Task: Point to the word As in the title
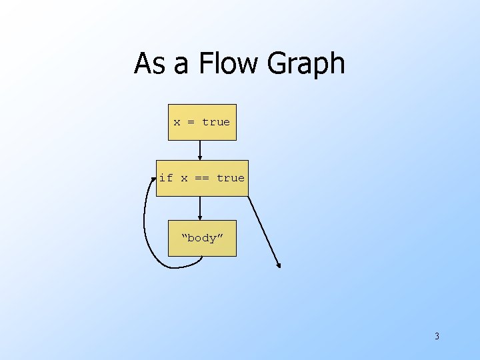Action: (x=149, y=64)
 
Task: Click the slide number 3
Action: (x=437, y=336)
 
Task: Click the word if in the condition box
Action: (x=166, y=178)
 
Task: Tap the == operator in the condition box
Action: (x=202, y=178)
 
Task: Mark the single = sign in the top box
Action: (x=191, y=122)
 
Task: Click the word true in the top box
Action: (x=216, y=122)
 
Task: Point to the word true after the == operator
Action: (x=231, y=178)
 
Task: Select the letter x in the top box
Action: (x=177, y=122)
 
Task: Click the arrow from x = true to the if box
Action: (x=200, y=150)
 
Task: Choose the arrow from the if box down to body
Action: (x=200, y=208)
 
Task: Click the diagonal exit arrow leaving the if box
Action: (x=265, y=231)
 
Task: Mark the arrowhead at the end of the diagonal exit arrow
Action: (x=279, y=265)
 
